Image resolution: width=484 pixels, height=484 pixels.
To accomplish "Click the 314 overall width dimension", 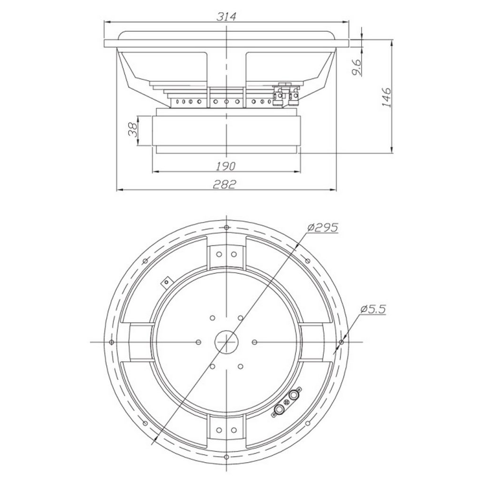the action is coord(226,17).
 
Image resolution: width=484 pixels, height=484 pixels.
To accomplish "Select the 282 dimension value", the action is coord(225,184).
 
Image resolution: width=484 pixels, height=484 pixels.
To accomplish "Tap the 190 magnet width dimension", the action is coord(225,166).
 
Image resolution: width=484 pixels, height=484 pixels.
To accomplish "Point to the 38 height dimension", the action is coord(133,130).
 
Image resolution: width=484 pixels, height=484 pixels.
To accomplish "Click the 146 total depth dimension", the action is coord(386,97).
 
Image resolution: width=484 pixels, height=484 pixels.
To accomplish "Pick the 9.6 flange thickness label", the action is coord(356,67).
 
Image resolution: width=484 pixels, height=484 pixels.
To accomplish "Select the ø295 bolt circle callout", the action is coord(323,227).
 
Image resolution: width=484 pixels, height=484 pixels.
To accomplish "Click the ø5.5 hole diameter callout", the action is coord(373,309).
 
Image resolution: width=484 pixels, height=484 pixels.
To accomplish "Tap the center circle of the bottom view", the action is coord(226,342).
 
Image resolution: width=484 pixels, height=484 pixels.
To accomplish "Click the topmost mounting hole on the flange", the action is coord(226,227).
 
